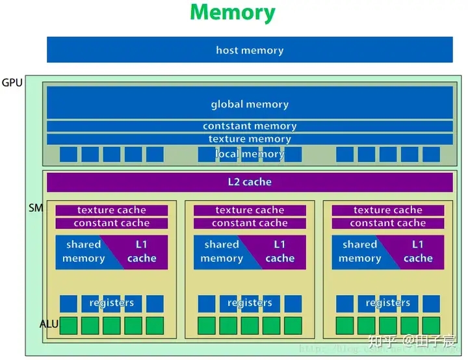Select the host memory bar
click(x=250, y=50)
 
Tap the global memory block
click(x=250, y=104)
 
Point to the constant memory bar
click(x=250, y=126)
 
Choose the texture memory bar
click(x=250, y=139)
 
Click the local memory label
click(x=250, y=154)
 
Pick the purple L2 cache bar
click(x=250, y=182)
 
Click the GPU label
click(x=12, y=83)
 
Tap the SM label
click(x=35, y=208)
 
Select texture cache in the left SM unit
click(x=112, y=210)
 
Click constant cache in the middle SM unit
click(x=250, y=223)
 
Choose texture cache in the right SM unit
click(x=388, y=210)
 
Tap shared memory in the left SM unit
click(x=83, y=251)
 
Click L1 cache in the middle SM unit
click(x=279, y=251)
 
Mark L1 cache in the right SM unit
click(x=418, y=251)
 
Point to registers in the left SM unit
click(x=112, y=303)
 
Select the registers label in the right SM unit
click(x=388, y=303)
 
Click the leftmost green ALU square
click(x=68, y=326)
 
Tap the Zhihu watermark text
click(x=411, y=340)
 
